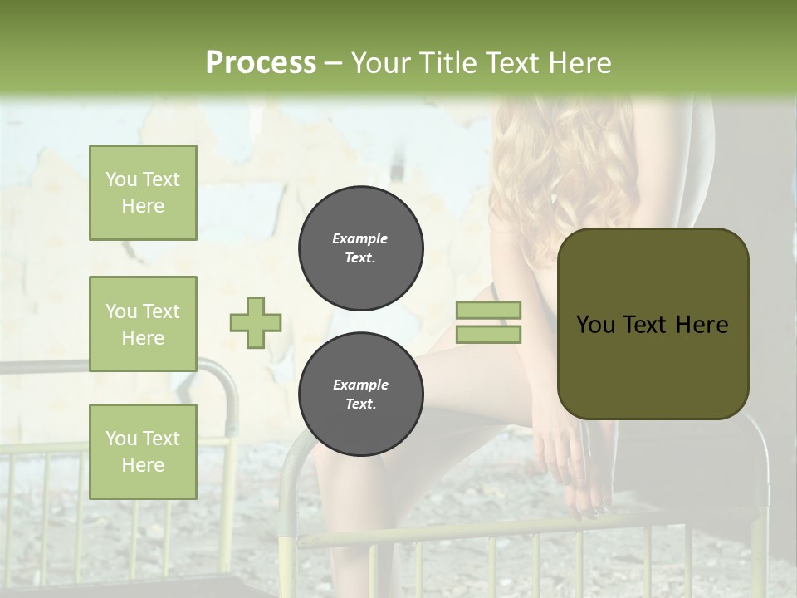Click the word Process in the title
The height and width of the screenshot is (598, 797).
[261, 63]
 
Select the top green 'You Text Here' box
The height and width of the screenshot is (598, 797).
[143, 193]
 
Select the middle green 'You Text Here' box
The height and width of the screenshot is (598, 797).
[143, 324]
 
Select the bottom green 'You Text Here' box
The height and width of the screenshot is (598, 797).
[143, 452]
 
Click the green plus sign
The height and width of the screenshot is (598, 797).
[256, 322]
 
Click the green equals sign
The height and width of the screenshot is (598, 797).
[489, 322]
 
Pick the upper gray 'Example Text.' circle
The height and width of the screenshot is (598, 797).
[361, 248]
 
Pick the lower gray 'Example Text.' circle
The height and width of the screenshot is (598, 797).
[361, 395]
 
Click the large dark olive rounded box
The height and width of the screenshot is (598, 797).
[653, 324]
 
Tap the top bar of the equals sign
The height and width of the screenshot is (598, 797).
[489, 311]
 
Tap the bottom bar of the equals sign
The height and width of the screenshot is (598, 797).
[489, 334]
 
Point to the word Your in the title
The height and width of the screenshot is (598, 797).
[380, 63]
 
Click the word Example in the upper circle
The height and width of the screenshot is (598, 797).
[360, 239]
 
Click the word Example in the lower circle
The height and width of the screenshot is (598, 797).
[360, 385]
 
